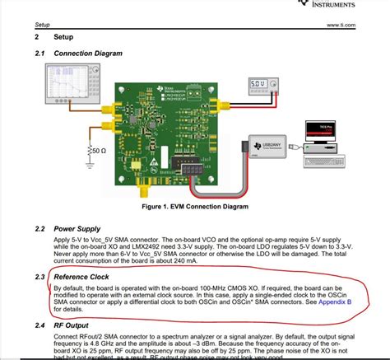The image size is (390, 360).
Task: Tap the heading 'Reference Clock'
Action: (x=85, y=276)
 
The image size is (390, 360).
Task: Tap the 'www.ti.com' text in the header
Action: (x=340, y=26)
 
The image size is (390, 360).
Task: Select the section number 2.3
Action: (x=39, y=276)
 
